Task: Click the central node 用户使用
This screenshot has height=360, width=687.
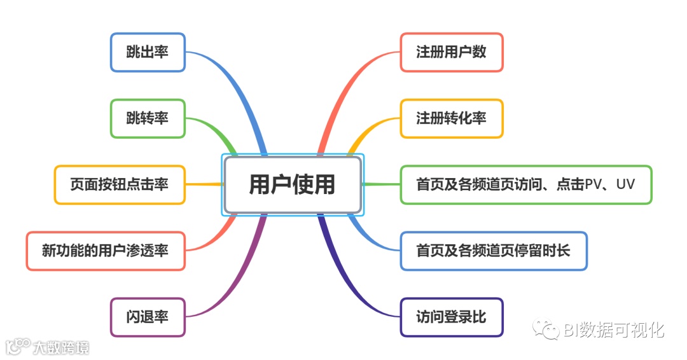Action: pyautogui.click(x=292, y=184)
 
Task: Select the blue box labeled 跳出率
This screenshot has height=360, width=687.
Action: pyautogui.click(x=148, y=52)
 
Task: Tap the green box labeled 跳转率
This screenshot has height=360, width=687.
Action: pyautogui.click(x=148, y=118)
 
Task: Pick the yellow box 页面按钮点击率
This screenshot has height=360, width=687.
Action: pyautogui.click(x=120, y=184)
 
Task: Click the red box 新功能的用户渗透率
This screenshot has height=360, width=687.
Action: pyautogui.click(x=106, y=251)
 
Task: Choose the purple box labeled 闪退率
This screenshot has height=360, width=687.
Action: pyautogui.click(x=148, y=317)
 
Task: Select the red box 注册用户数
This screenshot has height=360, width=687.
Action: pyautogui.click(x=452, y=52)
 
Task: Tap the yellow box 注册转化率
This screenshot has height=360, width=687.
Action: pyautogui.click(x=452, y=118)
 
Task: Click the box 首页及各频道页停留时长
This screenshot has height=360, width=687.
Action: pyautogui.click(x=494, y=251)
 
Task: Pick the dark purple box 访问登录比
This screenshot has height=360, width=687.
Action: pyautogui.click(x=452, y=317)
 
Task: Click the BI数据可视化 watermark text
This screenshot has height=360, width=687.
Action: pyautogui.click(x=614, y=330)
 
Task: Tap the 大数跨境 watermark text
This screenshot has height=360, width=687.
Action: pyautogui.click(x=61, y=347)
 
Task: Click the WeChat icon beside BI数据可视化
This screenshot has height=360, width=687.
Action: pyautogui.click(x=546, y=329)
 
